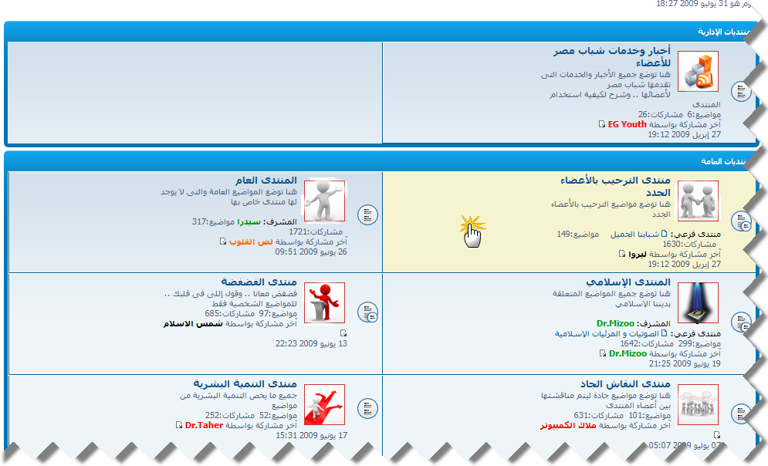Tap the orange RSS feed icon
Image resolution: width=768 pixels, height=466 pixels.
pos(699,72)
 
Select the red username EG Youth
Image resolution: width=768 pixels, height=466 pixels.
pos(627,123)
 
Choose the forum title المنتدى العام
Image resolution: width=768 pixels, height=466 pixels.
pos(266,181)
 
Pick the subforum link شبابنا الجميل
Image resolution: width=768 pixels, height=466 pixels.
pos(634,233)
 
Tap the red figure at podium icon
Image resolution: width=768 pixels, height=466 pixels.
pos(324,302)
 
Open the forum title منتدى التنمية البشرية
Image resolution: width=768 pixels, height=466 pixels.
pos(245,383)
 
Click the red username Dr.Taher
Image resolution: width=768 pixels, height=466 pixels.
pos(204,424)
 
